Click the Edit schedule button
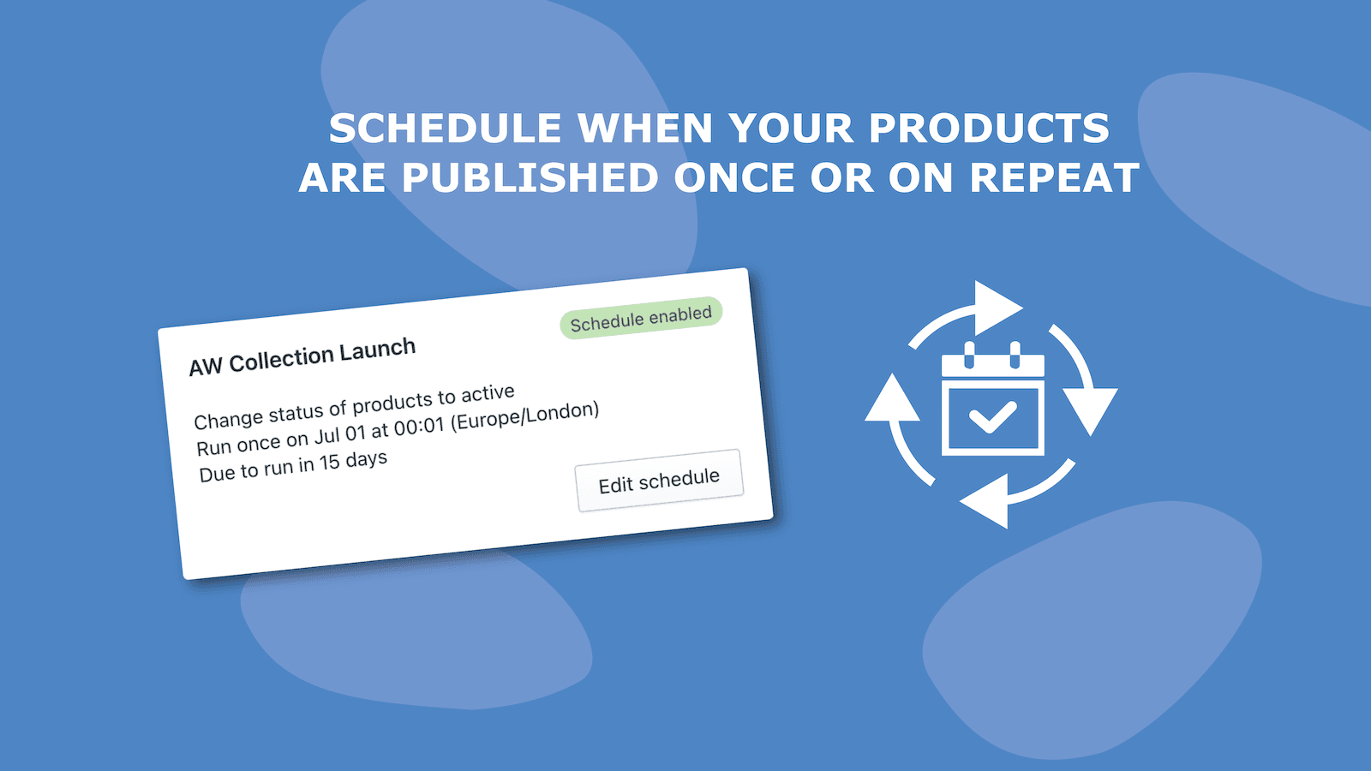[659, 481]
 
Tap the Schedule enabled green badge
[641, 318]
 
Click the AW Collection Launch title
[302, 356]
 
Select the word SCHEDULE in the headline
[445, 129]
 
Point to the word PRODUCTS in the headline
[989, 129]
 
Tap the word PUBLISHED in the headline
[529, 178]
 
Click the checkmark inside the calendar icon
[992, 417]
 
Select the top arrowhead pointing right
[997, 308]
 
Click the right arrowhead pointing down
[1090, 409]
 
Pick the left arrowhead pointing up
[892, 400]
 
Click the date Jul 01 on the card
[339, 435]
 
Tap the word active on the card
[488, 394]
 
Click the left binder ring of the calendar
[970, 354]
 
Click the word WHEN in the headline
[644, 129]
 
